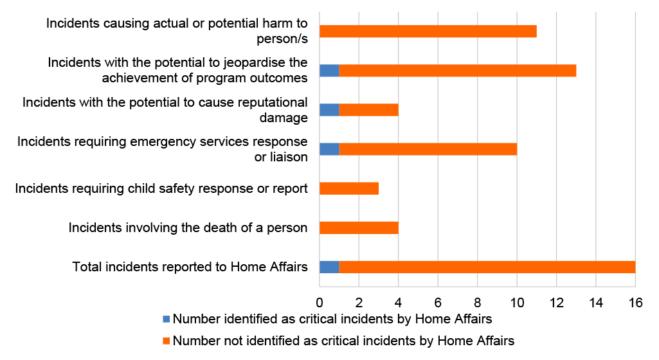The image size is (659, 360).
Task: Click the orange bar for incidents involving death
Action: [359, 228]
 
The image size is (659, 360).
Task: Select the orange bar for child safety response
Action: [349, 188]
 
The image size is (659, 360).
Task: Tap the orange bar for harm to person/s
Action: [428, 31]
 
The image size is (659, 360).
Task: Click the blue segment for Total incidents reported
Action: [329, 267]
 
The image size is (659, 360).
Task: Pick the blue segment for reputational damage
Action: [329, 109]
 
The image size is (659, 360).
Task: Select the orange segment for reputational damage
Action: [369, 109]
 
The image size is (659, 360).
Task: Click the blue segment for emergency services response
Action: [329, 148]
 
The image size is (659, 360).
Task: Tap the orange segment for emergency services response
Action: [428, 148]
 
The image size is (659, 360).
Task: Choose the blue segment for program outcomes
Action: [329, 70]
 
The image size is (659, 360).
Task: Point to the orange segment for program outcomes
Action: [458, 70]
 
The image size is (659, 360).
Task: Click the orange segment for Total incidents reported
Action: [487, 267]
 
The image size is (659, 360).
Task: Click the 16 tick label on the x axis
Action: [635, 302]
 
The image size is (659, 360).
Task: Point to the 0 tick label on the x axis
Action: [320, 302]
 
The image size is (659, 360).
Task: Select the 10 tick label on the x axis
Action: [517, 302]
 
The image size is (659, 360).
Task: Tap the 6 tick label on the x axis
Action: [438, 302]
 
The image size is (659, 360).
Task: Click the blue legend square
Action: [166, 319]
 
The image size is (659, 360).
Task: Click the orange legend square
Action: [166, 341]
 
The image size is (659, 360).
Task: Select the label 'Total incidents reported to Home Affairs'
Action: [190, 267]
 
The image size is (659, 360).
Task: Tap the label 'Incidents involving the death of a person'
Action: [188, 228]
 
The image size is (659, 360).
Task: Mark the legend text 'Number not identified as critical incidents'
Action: [344, 341]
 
